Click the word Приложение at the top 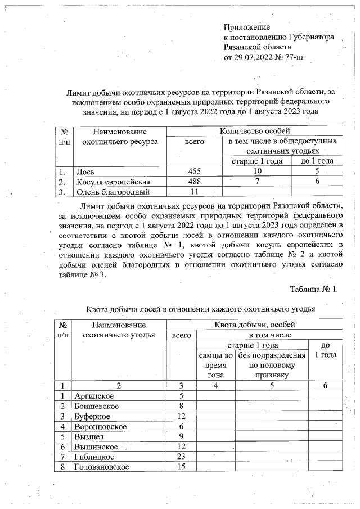point(247,27)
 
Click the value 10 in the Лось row point(258,171)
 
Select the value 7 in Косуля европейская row point(257,181)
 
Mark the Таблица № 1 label point(313,289)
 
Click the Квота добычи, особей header point(254,325)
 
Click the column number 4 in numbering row point(215,385)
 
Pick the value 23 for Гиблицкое point(181,457)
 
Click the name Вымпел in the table point(89,436)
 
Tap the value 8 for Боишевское point(181,406)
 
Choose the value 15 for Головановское point(181,467)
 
